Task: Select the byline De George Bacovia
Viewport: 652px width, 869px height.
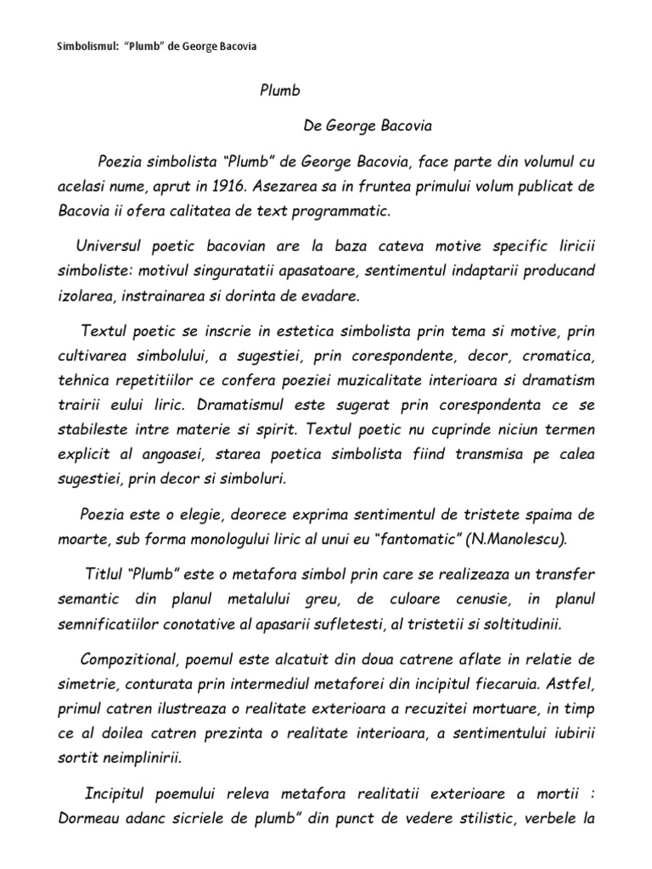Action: pos(368,126)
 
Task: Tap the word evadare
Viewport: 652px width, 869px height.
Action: pos(334,296)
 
